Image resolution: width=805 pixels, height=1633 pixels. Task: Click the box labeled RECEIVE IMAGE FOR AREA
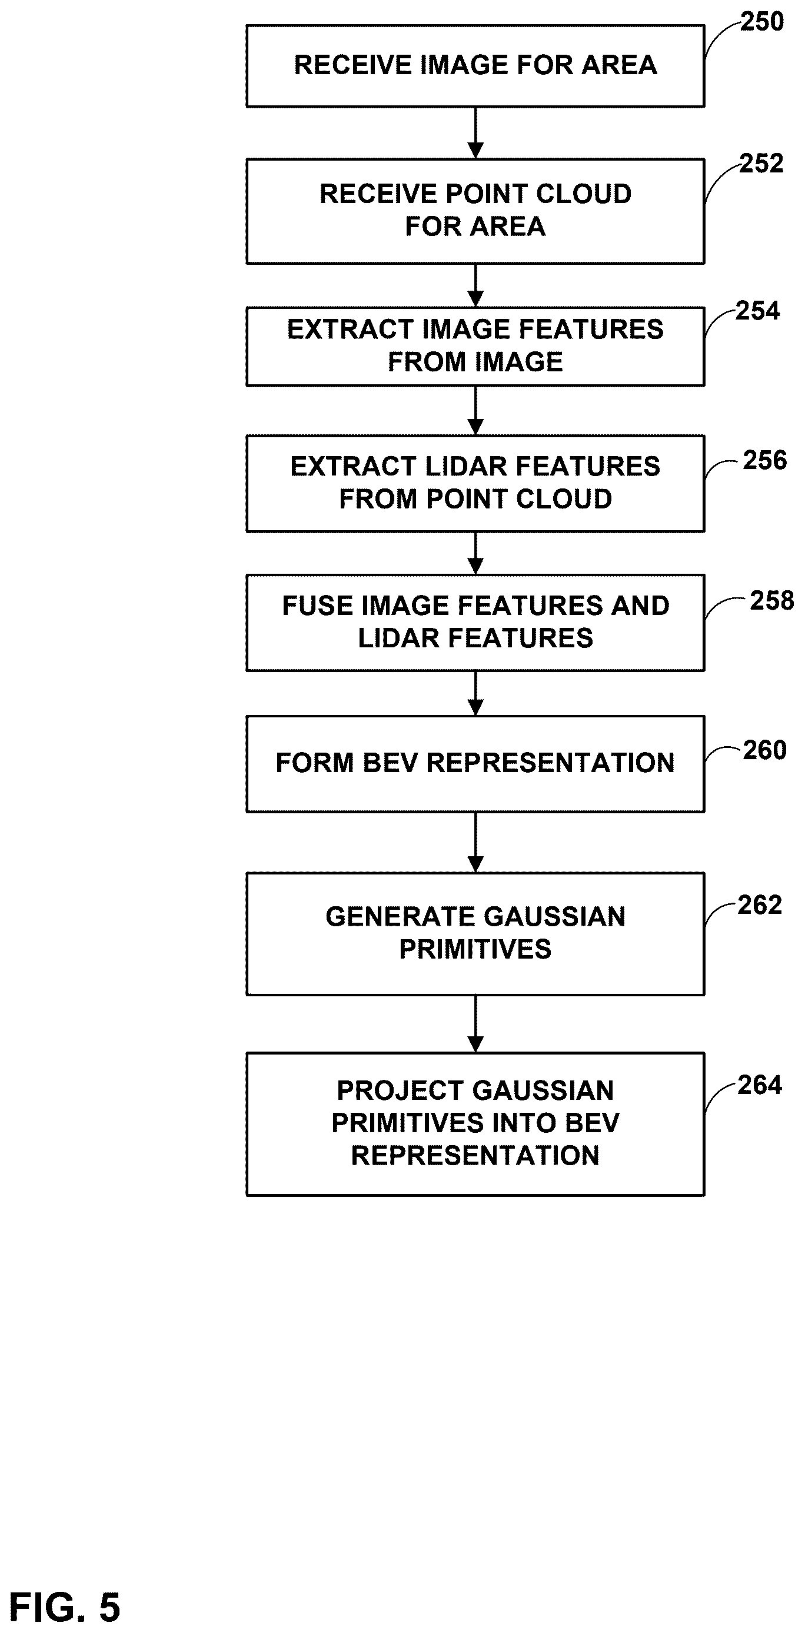[x=475, y=66]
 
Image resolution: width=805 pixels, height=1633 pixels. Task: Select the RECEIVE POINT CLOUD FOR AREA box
[x=475, y=211]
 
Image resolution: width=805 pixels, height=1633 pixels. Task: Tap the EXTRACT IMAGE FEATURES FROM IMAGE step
[x=475, y=346]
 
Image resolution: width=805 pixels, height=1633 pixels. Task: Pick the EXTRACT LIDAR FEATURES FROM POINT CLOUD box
[x=475, y=483]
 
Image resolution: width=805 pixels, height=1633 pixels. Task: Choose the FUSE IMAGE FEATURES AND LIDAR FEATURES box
[x=475, y=623]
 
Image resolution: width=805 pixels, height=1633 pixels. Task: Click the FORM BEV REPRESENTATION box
[x=475, y=764]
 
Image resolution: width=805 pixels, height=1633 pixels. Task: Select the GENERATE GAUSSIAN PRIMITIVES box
[x=475, y=934]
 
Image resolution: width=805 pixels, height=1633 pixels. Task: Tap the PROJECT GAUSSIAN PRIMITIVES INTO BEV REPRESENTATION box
[x=475, y=1124]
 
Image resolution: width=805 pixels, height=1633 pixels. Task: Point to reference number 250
[x=762, y=22]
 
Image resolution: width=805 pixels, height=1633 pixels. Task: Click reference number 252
[x=762, y=164]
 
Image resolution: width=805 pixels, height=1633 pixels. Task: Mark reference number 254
[x=757, y=311]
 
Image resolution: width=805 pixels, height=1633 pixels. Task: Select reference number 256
[x=765, y=460]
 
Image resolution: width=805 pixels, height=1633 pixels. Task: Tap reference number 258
[x=772, y=600]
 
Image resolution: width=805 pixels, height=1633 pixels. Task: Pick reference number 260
[x=765, y=750]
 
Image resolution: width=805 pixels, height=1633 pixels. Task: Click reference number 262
[x=760, y=904]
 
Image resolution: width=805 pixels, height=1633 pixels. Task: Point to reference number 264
[x=760, y=1085]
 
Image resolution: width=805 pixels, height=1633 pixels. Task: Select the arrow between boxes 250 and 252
[x=475, y=133]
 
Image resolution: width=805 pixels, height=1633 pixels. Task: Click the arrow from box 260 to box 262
[x=475, y=843]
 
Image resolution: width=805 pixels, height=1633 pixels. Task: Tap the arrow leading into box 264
[x=475, y=1025]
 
